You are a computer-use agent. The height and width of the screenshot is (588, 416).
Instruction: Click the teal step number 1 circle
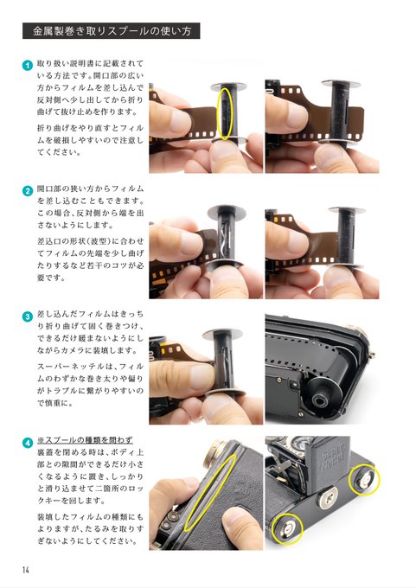[x=28, y=65]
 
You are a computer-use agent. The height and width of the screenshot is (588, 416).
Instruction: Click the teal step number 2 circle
[x=28, y=191]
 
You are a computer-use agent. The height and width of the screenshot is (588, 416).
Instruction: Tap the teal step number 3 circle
[x=28, y=316]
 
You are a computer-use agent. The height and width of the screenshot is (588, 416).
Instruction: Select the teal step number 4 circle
[x=28, y=443]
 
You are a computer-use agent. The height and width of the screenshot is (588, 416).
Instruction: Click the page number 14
[x=25, y=570]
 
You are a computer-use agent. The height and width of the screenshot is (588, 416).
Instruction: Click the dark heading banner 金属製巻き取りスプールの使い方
[x=111, y=31]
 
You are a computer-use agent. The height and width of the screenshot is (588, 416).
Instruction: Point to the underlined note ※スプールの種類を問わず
[x=85, y=440]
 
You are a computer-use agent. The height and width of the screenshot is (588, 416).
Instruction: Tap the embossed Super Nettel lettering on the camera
[x=333, y=457]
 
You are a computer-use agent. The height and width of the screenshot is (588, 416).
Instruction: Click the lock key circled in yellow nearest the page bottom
[x=287, y=529]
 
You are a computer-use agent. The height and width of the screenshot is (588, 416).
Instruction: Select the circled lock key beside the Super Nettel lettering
[x=364, y=480]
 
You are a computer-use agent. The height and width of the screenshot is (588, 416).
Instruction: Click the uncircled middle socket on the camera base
[x=329, y=497]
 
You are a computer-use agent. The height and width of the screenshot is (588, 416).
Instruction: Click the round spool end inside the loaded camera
[x=320, y=399]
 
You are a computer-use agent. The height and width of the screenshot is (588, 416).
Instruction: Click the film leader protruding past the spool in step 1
[x=354, y=125]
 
